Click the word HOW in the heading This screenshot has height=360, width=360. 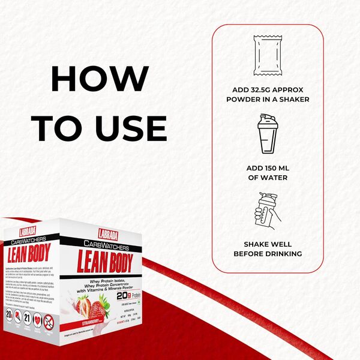click(100, 79)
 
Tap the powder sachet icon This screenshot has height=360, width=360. click(268, 54)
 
